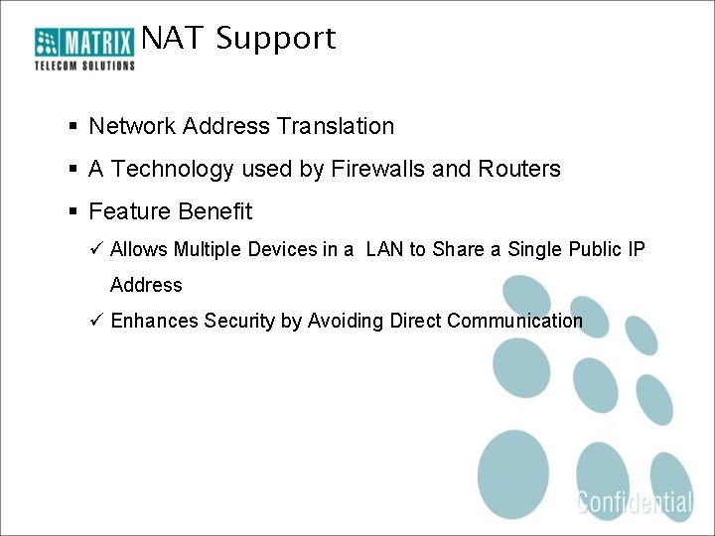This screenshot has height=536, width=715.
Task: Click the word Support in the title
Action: click(276, 39)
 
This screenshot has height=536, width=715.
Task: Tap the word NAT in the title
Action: click(173, 39)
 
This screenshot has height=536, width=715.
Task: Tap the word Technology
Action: click(174, 169)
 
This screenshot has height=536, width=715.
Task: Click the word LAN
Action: click(385, 249)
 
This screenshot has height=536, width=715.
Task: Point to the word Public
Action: click(595, 249)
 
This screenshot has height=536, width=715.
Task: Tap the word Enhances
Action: click(155, 321)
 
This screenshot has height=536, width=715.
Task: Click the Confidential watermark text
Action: click(635, 501)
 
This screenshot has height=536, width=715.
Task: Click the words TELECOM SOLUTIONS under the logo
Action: click(84, 66)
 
